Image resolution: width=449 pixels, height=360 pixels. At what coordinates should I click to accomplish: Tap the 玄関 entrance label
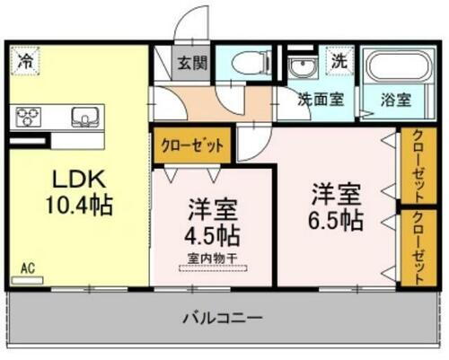click(x=190, y=64)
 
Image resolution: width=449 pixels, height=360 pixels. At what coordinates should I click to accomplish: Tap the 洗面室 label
click(x=322, y=101)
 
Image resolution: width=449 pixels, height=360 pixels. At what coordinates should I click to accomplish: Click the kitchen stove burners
click(x=29, y=117)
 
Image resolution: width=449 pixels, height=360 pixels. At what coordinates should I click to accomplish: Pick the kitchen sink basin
click(x=83, y=117)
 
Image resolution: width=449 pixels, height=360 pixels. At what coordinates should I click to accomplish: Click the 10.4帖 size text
click(x=79, y=206)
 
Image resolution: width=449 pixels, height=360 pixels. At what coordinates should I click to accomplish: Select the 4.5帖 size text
click(x=212, y=238)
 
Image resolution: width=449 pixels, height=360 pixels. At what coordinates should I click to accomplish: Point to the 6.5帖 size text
click(x=337, y=220)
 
